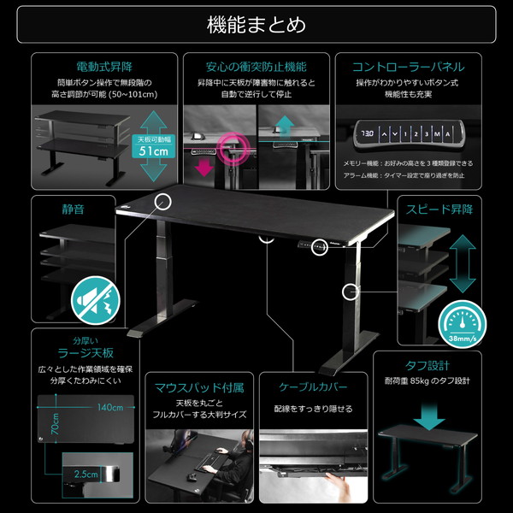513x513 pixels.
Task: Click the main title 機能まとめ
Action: click(x=256, y=24)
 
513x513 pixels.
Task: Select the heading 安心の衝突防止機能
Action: click(x=256, y=66)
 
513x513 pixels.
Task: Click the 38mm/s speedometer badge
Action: click(x=461, y=323)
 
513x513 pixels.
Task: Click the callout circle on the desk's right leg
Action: click(x=349, y=292)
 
